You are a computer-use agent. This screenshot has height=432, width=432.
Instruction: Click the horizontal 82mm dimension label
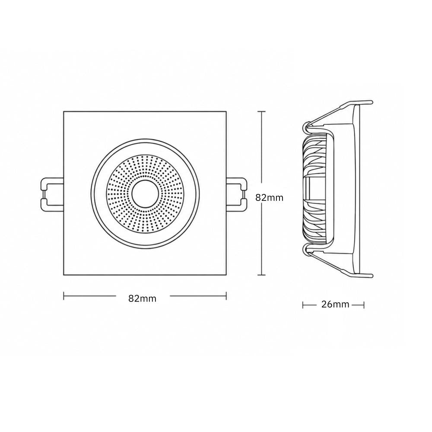coord(142,299)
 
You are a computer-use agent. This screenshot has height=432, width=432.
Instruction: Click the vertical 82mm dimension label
coord(269,197)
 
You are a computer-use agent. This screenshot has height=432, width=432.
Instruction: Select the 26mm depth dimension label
coord(335,305)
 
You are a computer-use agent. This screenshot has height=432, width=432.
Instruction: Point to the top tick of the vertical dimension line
coord(261,111)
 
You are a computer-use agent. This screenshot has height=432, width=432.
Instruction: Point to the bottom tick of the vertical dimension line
coord(261,275)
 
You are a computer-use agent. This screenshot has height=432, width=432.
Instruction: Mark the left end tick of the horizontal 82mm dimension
coord(64,296)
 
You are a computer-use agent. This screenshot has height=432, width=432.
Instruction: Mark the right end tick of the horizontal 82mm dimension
coord(226,296)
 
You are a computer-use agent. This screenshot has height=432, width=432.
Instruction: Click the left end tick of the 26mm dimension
coord(303,305)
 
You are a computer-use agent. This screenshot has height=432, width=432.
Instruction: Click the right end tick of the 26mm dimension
coord(364,305)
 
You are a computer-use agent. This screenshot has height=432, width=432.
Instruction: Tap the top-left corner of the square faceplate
coord(64,111)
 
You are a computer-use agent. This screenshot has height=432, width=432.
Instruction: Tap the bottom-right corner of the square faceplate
coord(226,275)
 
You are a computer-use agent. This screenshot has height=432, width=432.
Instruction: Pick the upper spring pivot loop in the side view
coord(306,127)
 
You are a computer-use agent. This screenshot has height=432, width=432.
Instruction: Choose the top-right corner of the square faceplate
coord(226,111)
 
